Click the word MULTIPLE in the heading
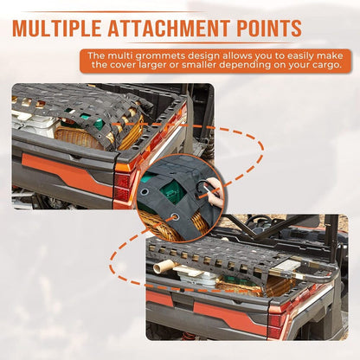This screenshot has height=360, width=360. click(57, 28)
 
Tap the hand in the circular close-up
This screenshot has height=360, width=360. click(215, 190)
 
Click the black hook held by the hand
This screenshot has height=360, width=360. click(202, 188)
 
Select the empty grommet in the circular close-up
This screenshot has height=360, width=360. click(144, 192)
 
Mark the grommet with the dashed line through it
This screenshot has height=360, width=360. click(174, 216)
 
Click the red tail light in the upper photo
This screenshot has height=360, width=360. click(122, 187)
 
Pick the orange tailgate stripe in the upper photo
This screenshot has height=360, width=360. click(67, 174)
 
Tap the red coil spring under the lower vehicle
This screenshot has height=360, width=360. click(189, 336)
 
